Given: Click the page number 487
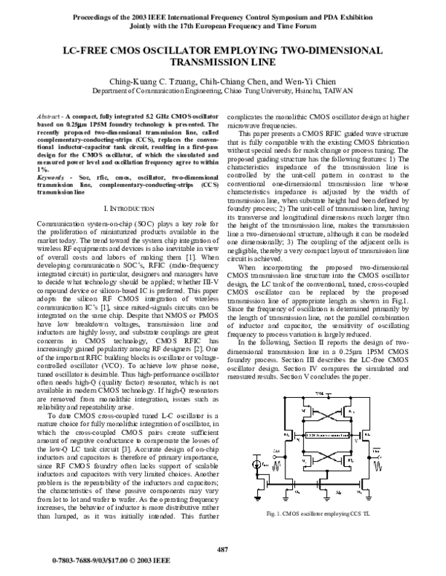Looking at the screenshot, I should click(x=222, y=549).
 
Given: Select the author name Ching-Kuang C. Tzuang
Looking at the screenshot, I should click(x=152, y=81).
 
